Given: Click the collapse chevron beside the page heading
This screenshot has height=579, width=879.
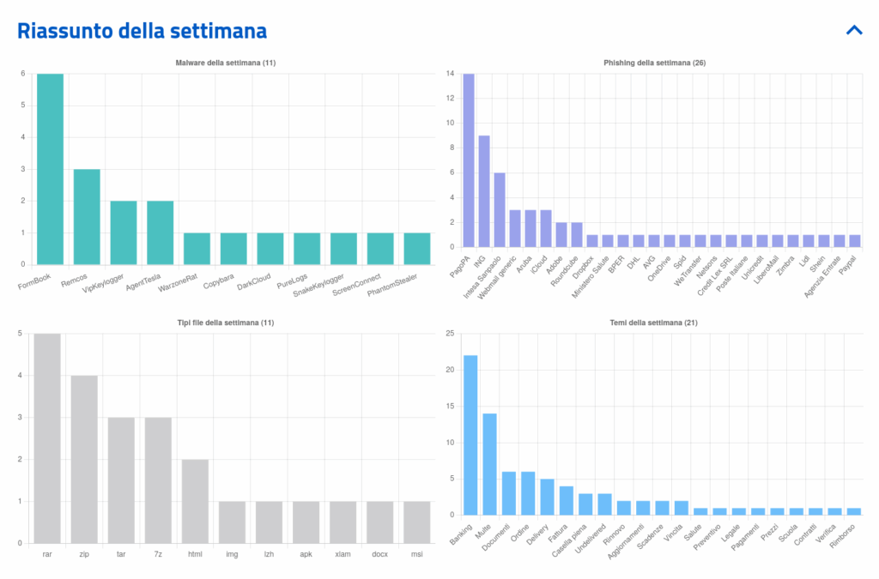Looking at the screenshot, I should tap(853, 30).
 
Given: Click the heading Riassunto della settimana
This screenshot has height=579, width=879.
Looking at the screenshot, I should tap(142, 31).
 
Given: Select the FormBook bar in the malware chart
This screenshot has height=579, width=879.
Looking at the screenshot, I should tap(50, 169).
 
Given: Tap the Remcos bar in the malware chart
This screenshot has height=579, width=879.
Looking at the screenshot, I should tap(87, 216).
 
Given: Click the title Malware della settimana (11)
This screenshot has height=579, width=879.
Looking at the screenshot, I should tap(225, 63).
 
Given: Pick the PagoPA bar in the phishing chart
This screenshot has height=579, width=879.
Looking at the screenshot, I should tap(469, 160).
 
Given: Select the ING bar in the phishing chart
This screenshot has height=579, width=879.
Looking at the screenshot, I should tap(484, 191).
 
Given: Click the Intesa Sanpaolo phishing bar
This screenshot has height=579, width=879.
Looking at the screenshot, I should tap(500, 209).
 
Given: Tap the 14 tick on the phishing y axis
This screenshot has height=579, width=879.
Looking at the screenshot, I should tap(450, 74).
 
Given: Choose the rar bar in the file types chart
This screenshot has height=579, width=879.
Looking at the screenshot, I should tap(47, 437).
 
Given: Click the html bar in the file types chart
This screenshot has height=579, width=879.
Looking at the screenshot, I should tap(195, 501).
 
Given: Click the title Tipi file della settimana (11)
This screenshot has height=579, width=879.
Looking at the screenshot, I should tap(225, 323).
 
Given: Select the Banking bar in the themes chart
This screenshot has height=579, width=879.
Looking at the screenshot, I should tap(470, 435).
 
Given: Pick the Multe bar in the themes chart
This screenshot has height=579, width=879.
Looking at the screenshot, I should tap(489, 464).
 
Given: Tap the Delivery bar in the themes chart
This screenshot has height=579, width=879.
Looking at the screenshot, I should tap(547, 497).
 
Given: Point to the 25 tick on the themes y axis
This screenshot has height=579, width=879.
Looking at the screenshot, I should tap(448, 334).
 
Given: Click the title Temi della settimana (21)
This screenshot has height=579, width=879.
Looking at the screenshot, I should tap(658, 323).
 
